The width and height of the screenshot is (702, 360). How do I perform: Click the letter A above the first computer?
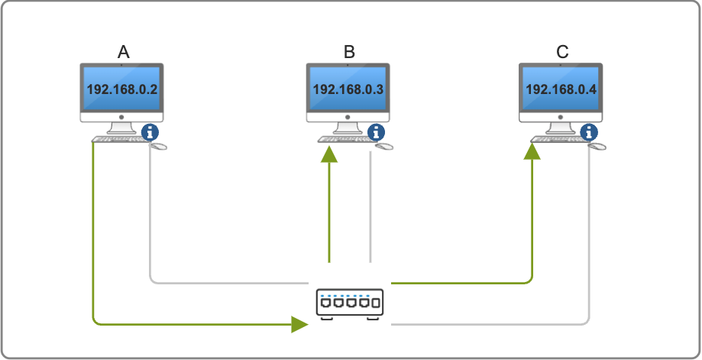[x=123, y=52]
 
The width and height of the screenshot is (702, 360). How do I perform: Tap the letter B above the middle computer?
[x=349, y=52]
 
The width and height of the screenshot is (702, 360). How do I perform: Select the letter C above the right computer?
[x=562, y=52]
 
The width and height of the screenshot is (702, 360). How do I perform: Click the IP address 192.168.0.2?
[x=122, y=89]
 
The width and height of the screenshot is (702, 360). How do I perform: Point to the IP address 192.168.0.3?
[x=348, y=89]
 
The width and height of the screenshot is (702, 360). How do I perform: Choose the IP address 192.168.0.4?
[x=561, y=89]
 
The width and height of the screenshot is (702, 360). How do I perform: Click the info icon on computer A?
[x=150, y=132]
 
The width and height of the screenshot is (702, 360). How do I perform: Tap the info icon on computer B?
[x=376, y=132]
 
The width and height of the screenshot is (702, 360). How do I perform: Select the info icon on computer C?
[x=589, y=132]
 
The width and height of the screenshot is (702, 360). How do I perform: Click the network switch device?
[x=348, y=303]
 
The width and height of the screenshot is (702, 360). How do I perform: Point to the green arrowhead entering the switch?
[x=299, y=324]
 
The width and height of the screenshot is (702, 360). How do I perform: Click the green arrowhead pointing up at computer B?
[x=329, y=155]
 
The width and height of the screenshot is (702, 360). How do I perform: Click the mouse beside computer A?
[x=159, y=145]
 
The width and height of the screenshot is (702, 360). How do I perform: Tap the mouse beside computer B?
[x=385, y=145]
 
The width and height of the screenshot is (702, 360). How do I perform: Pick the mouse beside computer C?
[x=598, y=145]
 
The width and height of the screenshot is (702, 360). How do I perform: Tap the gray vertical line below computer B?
[x=370, y=206]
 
